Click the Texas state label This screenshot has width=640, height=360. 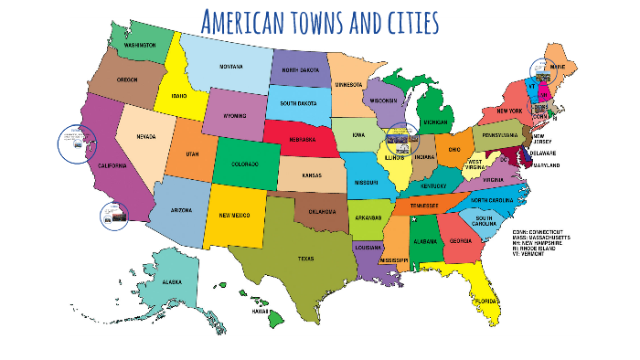tap(305, 259)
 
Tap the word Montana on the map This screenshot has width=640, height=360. tap(230, 67)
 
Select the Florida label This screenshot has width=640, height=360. tap(485, 301)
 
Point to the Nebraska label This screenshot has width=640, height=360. tap(297, 140)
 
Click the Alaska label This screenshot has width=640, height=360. tap(172, 283)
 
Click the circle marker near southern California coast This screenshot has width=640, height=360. tap(113, 217)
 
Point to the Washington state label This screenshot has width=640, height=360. tap(140, 45)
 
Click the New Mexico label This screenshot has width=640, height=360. tap(236, 216)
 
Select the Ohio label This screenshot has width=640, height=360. tap(453, 150)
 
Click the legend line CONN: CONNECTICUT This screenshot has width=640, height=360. tap(563, 232)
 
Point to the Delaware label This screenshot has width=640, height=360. tap(546, 154)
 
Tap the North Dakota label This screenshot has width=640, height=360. tap(300, 70)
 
